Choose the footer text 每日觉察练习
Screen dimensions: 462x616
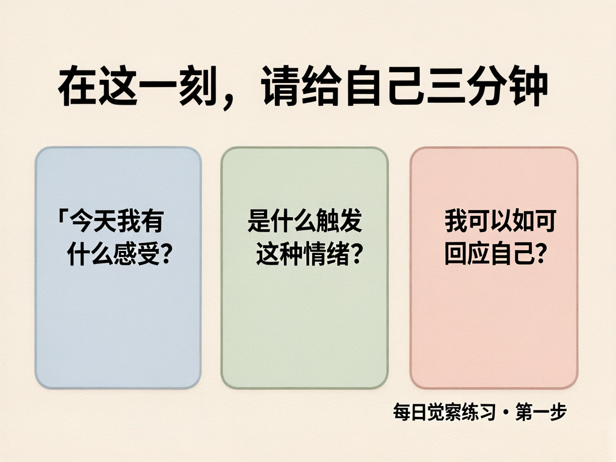point(444,414)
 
